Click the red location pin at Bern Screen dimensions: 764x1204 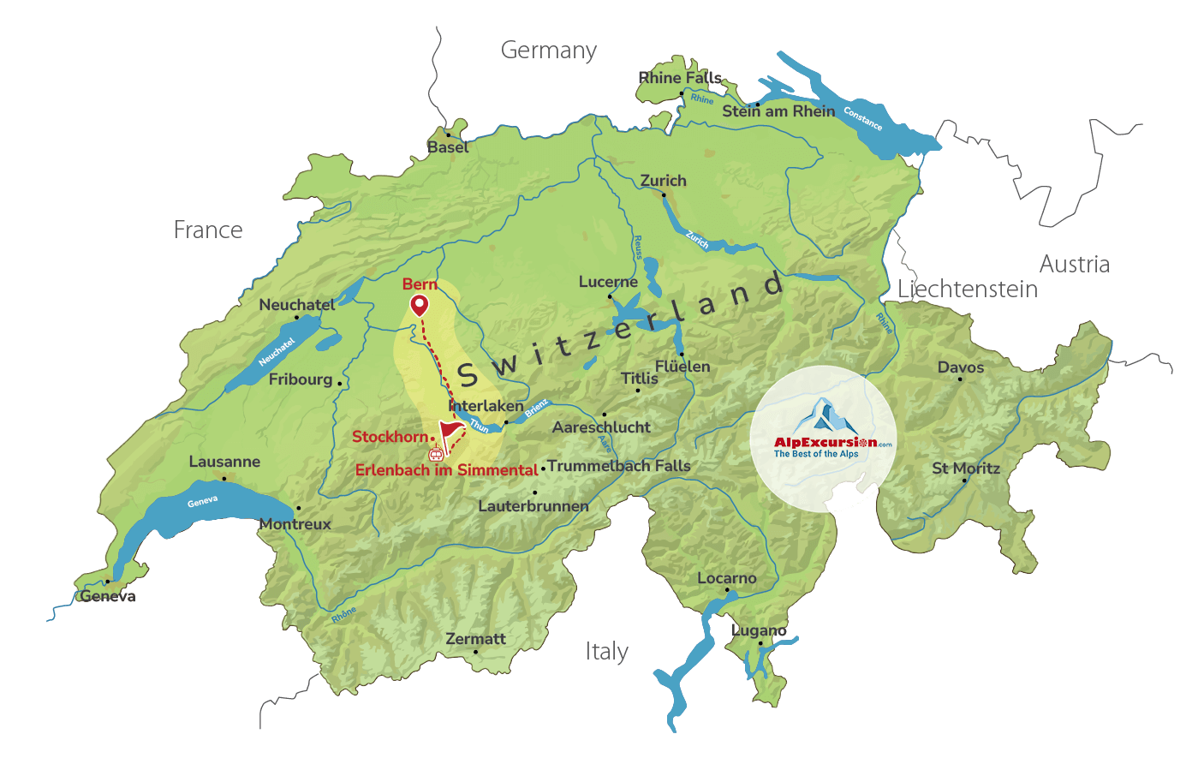point(419,304)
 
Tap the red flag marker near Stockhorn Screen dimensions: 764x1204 point(449,428)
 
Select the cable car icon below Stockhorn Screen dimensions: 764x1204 point(436,453)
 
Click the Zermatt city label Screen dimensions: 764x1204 point(475,639)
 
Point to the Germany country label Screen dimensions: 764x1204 point(548,51)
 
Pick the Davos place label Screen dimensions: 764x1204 point(961,367)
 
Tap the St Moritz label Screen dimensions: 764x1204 point(966,469)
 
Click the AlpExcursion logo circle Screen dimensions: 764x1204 point(823,439)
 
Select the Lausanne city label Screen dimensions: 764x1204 point(224,462)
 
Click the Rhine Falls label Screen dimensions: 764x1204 point(680,78)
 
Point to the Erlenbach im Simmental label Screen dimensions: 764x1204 point(446,469)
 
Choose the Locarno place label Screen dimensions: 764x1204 point(727,578)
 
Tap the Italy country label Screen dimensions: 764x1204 point(607,652)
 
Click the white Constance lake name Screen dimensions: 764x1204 point(862,118)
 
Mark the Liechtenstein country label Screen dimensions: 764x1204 point(968,289)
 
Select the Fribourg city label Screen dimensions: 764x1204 point(301,379)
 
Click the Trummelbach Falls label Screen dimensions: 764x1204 point(619,466)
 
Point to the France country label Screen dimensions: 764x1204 point(208,230)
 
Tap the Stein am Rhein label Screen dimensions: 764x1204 point(778,111)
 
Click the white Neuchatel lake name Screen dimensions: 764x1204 point(277,351)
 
